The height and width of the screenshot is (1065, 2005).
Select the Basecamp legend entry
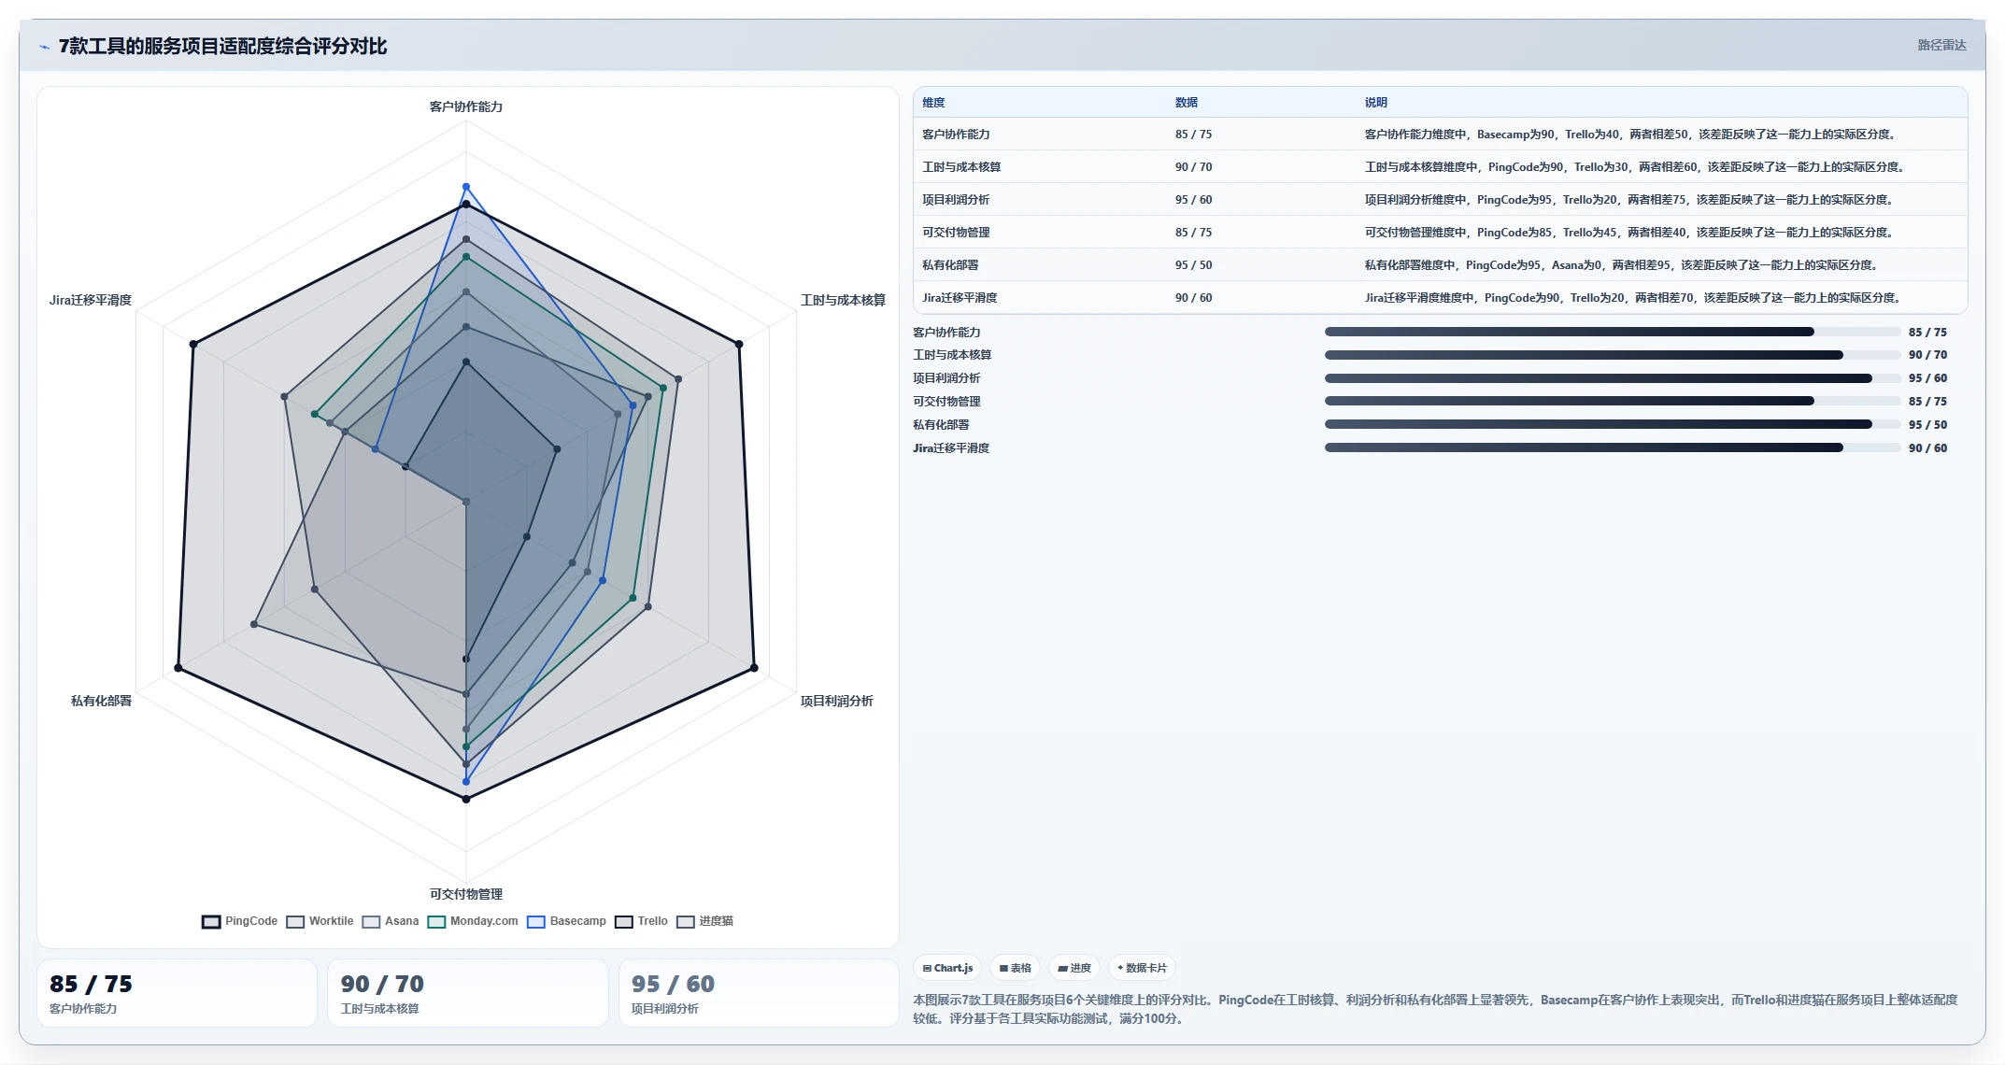[x=566, y=921]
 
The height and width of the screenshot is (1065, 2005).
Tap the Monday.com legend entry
[x=473, y=921]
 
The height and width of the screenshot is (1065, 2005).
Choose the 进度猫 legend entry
[x=704, y=921]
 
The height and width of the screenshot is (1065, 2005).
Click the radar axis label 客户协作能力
[x=466, y=106]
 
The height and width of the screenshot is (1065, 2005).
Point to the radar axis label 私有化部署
[x=101, y=701]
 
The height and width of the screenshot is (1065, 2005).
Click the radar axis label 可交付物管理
[x=466, y=894]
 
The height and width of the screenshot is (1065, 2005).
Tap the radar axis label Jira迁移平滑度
[x=91, y=300]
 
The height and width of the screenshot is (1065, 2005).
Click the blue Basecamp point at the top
[x=466, y=187]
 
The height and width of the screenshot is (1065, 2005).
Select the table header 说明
[x=1375, y=103]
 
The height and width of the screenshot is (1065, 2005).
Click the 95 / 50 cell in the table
[x=1193, y=265]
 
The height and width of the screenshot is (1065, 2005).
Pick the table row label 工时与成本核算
[x=961, y=167]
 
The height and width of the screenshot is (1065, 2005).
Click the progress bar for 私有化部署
[x=1613, y=424]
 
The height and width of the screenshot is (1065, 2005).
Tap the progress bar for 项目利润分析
[x=1613, y=378]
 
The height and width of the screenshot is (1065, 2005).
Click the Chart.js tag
[x=948, y=968]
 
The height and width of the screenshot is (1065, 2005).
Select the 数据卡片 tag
[x=1142, y=968]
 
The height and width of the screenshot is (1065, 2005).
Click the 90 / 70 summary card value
[x=382, y=984]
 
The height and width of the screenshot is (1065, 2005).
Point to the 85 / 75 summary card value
[x=91, y=984]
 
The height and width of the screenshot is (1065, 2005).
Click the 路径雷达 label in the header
[x=1941, y=45]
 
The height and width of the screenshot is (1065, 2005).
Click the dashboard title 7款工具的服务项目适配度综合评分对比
[x=222, y=46]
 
